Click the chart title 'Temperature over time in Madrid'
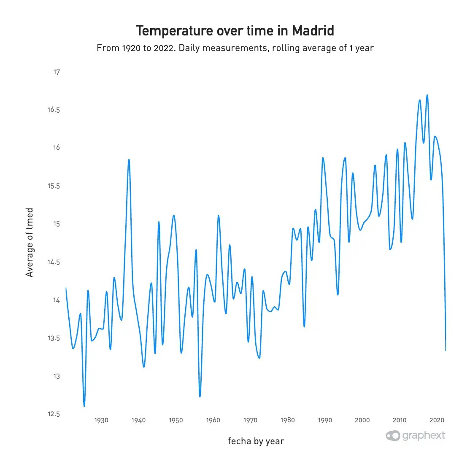pyautogui.click(x=235, y=31)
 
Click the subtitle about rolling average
pyautogui.click(x=235, y=48)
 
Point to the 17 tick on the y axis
pyautogui.click(x=57, y=72)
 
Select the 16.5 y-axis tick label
pyautogui.click(x=54, y=110)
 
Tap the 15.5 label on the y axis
pyautogui.click(x=54, y=186)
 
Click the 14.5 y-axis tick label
pyautogui.click(x=54, y=262)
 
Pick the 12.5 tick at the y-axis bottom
pyautogui.click(x=54, y=414)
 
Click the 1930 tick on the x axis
pyautogui.click(x=101, y=420)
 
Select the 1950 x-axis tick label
pyautogui.click(x=176, y=420)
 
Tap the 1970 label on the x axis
pyautogui.click(x=251, y=420)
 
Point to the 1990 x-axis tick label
pyautogui.click(x=325, y=420)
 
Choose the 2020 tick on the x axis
pyautogui.click(x=437, y=420)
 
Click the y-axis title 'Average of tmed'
pyautogui.click(x=30, y=243)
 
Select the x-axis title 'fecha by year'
pyautogui.click(x=256, y=441)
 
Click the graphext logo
pyautogui.click(x=416, y=435)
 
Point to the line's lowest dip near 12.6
pyautogui.click(x=84, y=406)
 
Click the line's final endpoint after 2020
pyautogui.click(x=446, y=351)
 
